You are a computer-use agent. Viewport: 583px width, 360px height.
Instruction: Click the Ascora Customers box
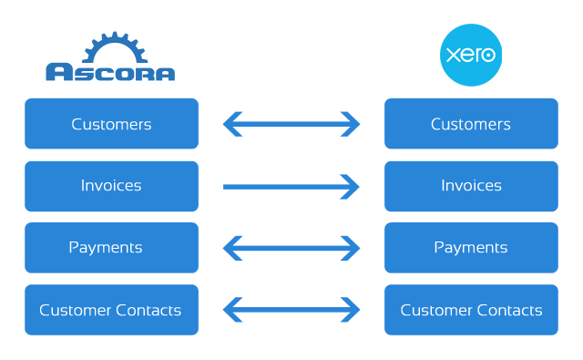(x=111, y=124)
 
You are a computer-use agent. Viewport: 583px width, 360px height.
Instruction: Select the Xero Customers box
(x=471, y=124)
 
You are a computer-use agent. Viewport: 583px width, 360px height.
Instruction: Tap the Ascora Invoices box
(x=111, y=186)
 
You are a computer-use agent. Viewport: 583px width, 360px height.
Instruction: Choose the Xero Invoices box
(x=471, y=186)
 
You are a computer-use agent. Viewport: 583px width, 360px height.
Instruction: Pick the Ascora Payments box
(x=111, y=248)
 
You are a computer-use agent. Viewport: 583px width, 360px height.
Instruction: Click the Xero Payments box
(x=471, y=248)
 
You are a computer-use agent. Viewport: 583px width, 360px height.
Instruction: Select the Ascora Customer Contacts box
(x=111, y=310)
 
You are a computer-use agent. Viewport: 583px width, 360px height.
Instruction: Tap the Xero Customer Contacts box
(x=471, y=310)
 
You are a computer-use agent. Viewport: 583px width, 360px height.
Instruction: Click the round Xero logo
(x=470, y=55)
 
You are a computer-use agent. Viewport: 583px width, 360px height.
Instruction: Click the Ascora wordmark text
(x=110, y=72)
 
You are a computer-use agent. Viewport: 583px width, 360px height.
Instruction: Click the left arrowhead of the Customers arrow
(x=232, y=124)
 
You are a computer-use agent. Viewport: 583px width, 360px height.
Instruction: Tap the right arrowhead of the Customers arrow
(x=351, y=124)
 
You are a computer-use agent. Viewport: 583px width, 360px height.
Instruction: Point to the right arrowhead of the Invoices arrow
(x=351, y=187)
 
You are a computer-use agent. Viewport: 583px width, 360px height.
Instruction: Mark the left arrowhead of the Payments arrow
(x=232, y=248)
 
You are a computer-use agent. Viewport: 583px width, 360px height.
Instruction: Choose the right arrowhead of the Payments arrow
(x=351, y=248)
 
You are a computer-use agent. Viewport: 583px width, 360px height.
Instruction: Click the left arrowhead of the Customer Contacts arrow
(x=232, y=310)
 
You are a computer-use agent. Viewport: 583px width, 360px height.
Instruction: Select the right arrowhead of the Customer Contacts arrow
(x=351, y=310)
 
